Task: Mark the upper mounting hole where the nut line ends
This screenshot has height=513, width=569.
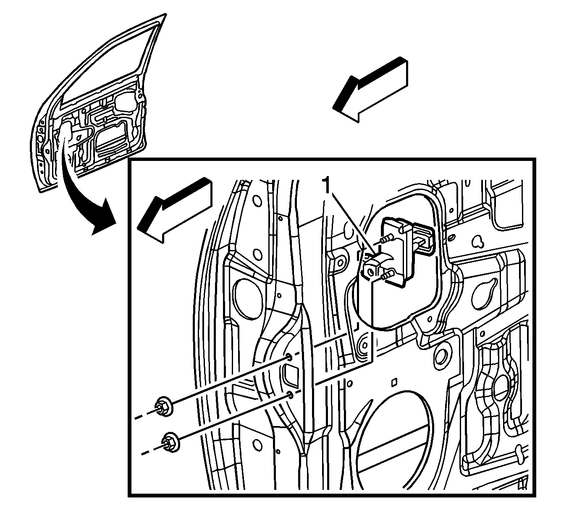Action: tap(289, 357)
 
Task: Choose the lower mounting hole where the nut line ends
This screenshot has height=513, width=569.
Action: tap(290, 394)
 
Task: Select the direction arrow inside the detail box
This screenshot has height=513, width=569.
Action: tap(174, 210)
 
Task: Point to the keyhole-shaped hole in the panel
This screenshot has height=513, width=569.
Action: tap(479, 240)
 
